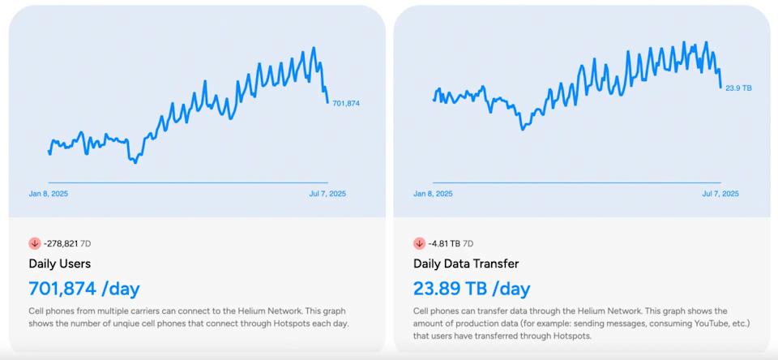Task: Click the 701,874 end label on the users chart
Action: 346,104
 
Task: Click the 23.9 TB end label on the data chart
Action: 738,88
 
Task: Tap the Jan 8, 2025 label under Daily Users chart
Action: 48,194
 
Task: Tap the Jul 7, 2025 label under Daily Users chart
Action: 327,194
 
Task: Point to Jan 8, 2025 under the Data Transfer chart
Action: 433,194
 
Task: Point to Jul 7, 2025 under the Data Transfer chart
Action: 720,194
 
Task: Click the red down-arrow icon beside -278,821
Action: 35,243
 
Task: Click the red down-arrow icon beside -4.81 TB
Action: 419,243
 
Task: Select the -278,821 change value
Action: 61,243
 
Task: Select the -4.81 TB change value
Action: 443,243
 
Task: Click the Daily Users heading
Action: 60,264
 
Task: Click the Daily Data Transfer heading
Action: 466,264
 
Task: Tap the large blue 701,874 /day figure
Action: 84,289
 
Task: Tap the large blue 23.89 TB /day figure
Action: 472,289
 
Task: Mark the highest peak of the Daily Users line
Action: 314,48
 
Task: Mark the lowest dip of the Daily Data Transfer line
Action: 523,129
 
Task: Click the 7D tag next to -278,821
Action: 85,243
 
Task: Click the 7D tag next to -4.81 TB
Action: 468,243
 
